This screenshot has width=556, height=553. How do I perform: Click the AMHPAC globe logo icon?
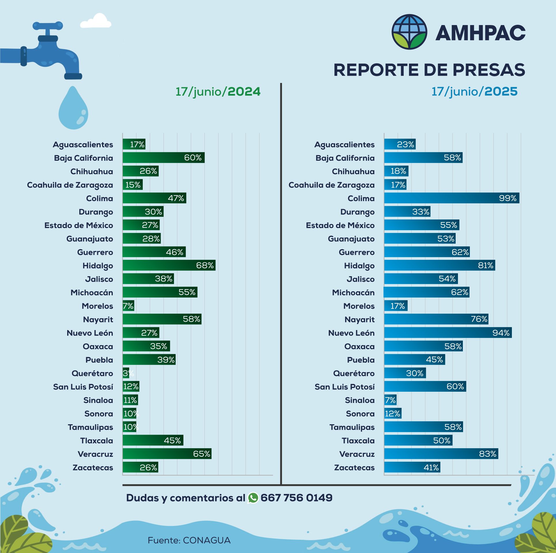coord(409,32)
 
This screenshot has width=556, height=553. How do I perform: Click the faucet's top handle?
coord(48,26)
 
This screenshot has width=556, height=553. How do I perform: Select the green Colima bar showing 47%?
coord(154,198)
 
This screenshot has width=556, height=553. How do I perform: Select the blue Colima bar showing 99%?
coord(451,198)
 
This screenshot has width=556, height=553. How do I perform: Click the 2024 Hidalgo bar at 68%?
coord(169,265)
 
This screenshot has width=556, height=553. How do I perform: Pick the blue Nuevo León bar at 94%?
coord(448,333)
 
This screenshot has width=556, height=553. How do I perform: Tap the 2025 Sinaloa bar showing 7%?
coord(390,400)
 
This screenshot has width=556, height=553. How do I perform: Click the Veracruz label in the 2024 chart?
coord(95,454)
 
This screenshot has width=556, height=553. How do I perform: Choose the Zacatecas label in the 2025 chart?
coord(354,467)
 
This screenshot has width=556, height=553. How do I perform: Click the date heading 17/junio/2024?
coord(218,92)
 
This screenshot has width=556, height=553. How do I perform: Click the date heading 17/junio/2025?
coord(474,92)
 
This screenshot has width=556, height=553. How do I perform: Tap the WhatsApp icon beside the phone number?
coord(253,498)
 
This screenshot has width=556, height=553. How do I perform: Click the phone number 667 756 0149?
coord(296,498)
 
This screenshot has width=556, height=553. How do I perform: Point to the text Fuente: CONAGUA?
coord(189,540)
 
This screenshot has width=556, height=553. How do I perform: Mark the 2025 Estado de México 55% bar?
coord(421,225)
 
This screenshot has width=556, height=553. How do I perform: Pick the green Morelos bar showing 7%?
coord(128,306)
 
